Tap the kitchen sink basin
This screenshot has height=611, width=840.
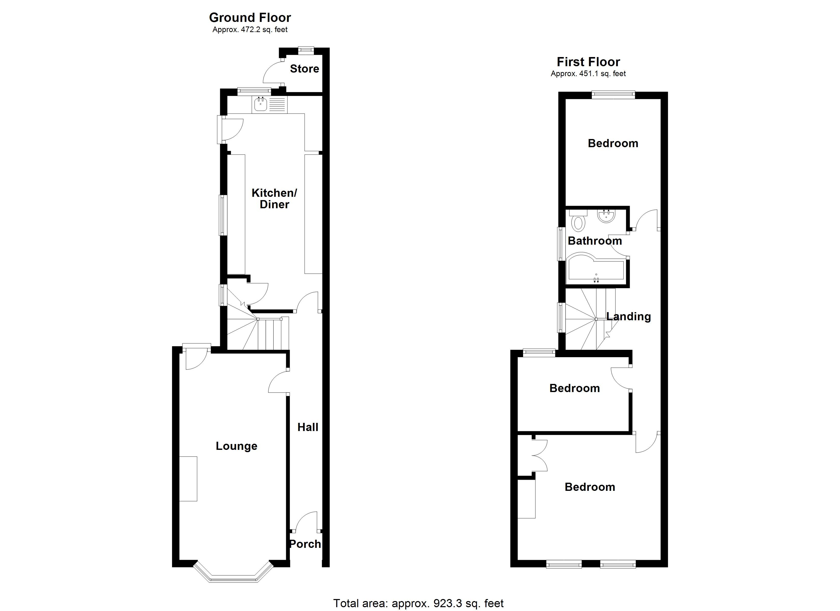click(260, 104)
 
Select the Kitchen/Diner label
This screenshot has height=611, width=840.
click(274, 199)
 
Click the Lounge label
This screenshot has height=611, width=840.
click(236, 446)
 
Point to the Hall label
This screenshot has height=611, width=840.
click(308, 427)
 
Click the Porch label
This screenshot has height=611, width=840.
click(305, 544)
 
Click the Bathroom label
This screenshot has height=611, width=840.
click(594, 241)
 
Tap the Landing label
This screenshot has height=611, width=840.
click(628, 316)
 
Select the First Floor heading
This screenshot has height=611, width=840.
click(588, 62)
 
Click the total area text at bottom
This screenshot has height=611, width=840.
click(418, 603)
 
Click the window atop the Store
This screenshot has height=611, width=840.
click(306, 49)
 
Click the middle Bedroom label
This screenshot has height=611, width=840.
click(575, 388)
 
